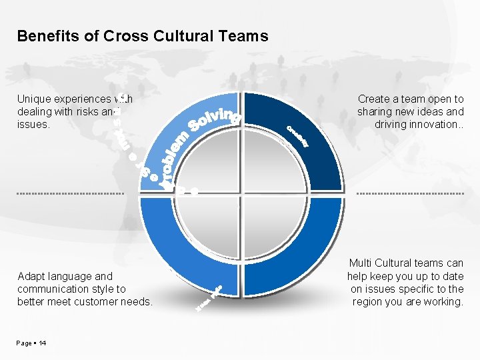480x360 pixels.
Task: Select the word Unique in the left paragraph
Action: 34,99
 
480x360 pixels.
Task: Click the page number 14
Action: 43,343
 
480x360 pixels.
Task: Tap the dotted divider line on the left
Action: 71,194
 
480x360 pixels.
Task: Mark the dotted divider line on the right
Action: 410,194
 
